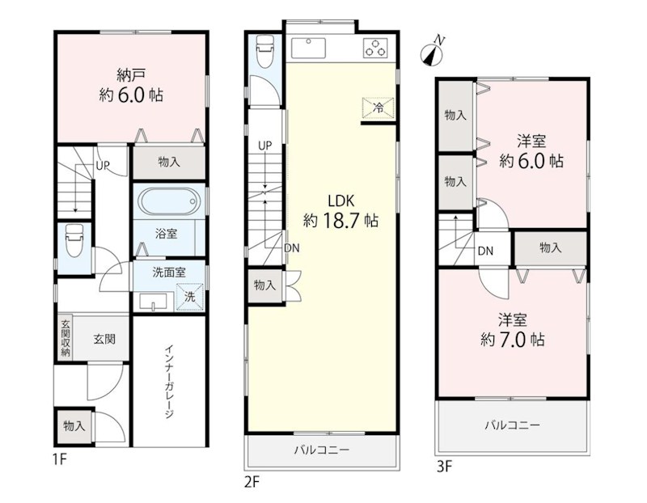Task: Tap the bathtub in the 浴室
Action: [x=168, y=202]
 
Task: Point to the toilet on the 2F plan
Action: [x=265, y=52]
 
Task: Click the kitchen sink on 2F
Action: [x=308, y=48]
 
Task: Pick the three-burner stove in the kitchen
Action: [x=375, y=48]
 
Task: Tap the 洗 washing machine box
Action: [x=190, y=297]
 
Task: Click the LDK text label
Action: [x=340, y=201]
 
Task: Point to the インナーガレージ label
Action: [x=169, y=382]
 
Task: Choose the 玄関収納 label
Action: [x=66, y=338]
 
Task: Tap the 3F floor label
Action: [x=444, y=467]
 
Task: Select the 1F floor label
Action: [x=60, y=459]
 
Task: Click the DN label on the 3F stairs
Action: [x=485, y=251]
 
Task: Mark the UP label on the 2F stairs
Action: [x=265, y=146]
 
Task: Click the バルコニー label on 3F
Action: [x=513, y=425]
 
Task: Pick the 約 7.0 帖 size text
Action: [x=513, y=340]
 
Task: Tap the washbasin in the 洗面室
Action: [x=153, y=301]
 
